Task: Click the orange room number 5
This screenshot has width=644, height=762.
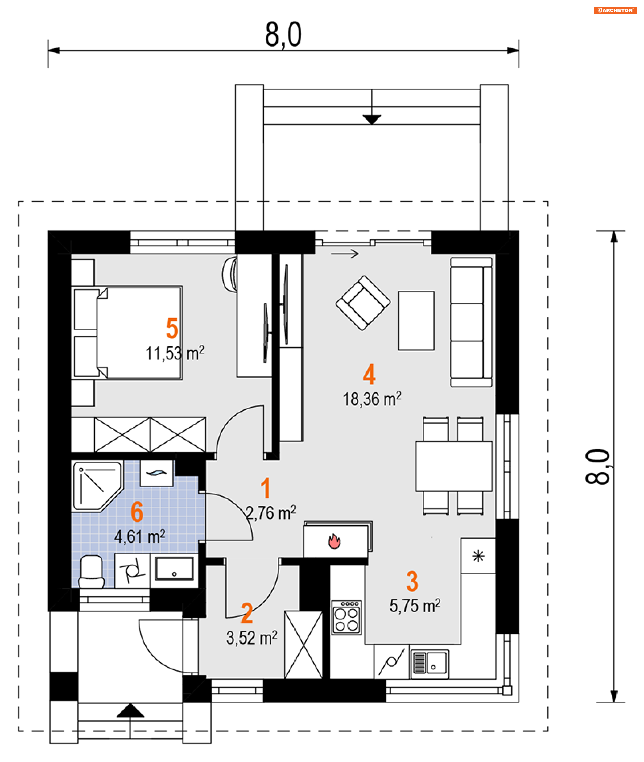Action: tap(172, 328)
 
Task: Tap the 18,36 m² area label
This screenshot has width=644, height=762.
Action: tap(372, 399)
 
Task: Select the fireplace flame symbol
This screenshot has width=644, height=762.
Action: tap(334, 541)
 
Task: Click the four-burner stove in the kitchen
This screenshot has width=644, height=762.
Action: tap(346, 617)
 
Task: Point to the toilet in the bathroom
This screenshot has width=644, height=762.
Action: tap(91, 571)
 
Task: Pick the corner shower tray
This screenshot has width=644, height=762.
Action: tap(97, 486)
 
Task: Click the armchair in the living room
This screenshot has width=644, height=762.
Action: tap(363, 303)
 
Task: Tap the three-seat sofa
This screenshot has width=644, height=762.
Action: tap(471, 322)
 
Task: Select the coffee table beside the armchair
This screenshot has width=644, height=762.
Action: tap(416, 320)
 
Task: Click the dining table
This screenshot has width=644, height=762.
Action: tap(454, 466)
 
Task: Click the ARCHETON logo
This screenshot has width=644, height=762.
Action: tap(615, 10)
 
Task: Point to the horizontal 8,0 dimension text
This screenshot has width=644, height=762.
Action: tap(283, 35)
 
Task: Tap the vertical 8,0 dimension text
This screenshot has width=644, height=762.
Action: tap(597, 467)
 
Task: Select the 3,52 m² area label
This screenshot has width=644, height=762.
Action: tap(252, 638)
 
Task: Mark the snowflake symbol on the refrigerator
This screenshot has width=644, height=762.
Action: tap(478, 556)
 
